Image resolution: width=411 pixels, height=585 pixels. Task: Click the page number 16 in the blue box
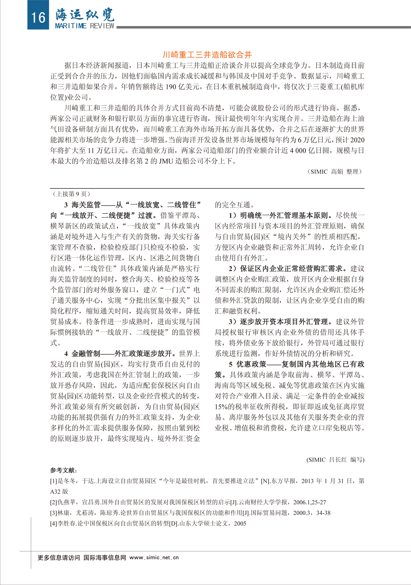38,17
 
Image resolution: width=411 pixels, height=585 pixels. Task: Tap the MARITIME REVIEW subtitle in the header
85,26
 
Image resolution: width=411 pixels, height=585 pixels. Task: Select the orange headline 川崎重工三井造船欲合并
207,54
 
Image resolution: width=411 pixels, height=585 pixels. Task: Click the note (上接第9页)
71,194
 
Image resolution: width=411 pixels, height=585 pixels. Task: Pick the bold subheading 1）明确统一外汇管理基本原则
281,216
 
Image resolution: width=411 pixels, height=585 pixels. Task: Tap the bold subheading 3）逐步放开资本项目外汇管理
281,322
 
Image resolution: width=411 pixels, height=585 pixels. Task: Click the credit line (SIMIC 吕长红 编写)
335,460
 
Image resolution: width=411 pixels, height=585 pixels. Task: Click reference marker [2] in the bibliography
53,502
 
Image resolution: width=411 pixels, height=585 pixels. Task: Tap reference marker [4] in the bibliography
53,524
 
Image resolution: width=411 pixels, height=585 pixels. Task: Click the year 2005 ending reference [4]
240,524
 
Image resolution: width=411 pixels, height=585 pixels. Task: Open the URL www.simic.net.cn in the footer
154,558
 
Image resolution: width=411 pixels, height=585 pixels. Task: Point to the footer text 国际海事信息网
105,558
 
